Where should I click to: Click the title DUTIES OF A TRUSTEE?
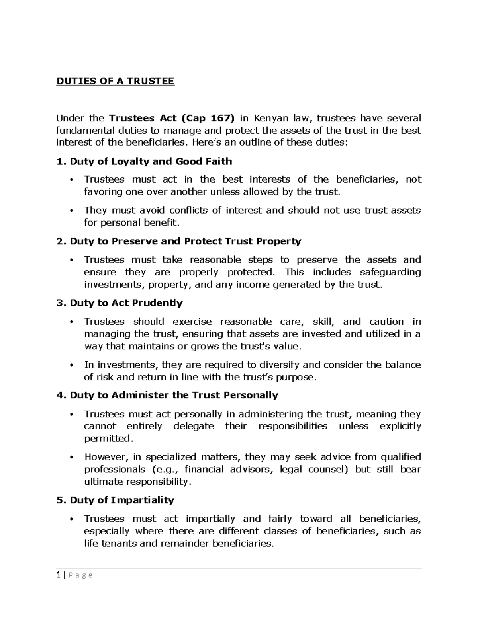(x=116, y=81)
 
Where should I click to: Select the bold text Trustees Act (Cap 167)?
(x=172, y=118)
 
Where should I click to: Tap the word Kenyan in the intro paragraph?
(x=272, y=118)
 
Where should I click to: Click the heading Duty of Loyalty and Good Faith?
(x=151, y=161)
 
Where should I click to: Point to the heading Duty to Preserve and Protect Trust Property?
(x=185, y=241)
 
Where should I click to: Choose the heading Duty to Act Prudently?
(x=126, y=303)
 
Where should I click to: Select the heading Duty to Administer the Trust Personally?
(x=174, y=395)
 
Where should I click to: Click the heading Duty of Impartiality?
(x=122, y=500)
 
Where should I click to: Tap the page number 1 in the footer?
(x=58, y=575)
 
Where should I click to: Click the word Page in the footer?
(x=80, y=575)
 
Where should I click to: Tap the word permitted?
(x=107, y=439)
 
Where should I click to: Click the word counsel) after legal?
(x=328, y=469)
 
